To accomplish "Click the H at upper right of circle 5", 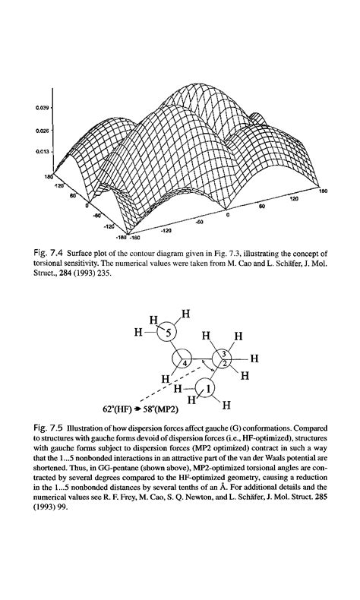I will (187, 312).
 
